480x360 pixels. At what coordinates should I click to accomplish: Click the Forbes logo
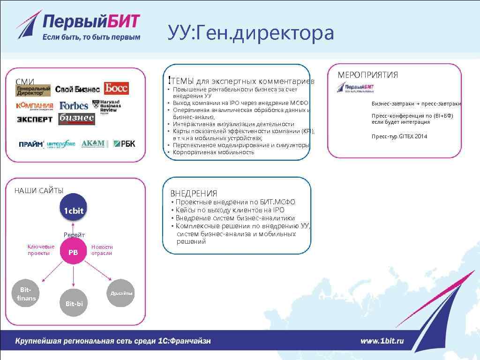74,105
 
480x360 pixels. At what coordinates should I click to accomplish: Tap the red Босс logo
116,88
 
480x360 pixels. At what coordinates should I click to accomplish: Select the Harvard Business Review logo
106,106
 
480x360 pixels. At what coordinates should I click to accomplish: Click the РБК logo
124,143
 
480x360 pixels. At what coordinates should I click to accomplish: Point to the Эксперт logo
35,119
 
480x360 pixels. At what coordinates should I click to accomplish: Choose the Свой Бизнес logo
77,89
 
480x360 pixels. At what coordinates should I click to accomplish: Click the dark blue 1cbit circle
74,210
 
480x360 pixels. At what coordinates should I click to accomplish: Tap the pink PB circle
74,252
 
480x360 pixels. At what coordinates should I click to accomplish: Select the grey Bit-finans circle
26,294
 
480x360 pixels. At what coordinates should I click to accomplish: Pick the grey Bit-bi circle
74,304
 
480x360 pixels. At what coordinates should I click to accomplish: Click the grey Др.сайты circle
121,293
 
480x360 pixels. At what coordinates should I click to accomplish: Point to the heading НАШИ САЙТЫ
39,190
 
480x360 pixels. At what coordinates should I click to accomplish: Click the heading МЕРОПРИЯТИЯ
367,75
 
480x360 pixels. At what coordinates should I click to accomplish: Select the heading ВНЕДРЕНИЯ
194,193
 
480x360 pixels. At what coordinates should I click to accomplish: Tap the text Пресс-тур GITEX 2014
399,136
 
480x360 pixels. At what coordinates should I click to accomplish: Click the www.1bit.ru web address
382,341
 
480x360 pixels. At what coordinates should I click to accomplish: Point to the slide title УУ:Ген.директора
251,33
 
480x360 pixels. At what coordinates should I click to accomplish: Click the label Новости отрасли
102,250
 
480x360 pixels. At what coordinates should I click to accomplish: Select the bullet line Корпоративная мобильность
213,152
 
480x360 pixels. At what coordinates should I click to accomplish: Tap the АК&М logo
93,143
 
